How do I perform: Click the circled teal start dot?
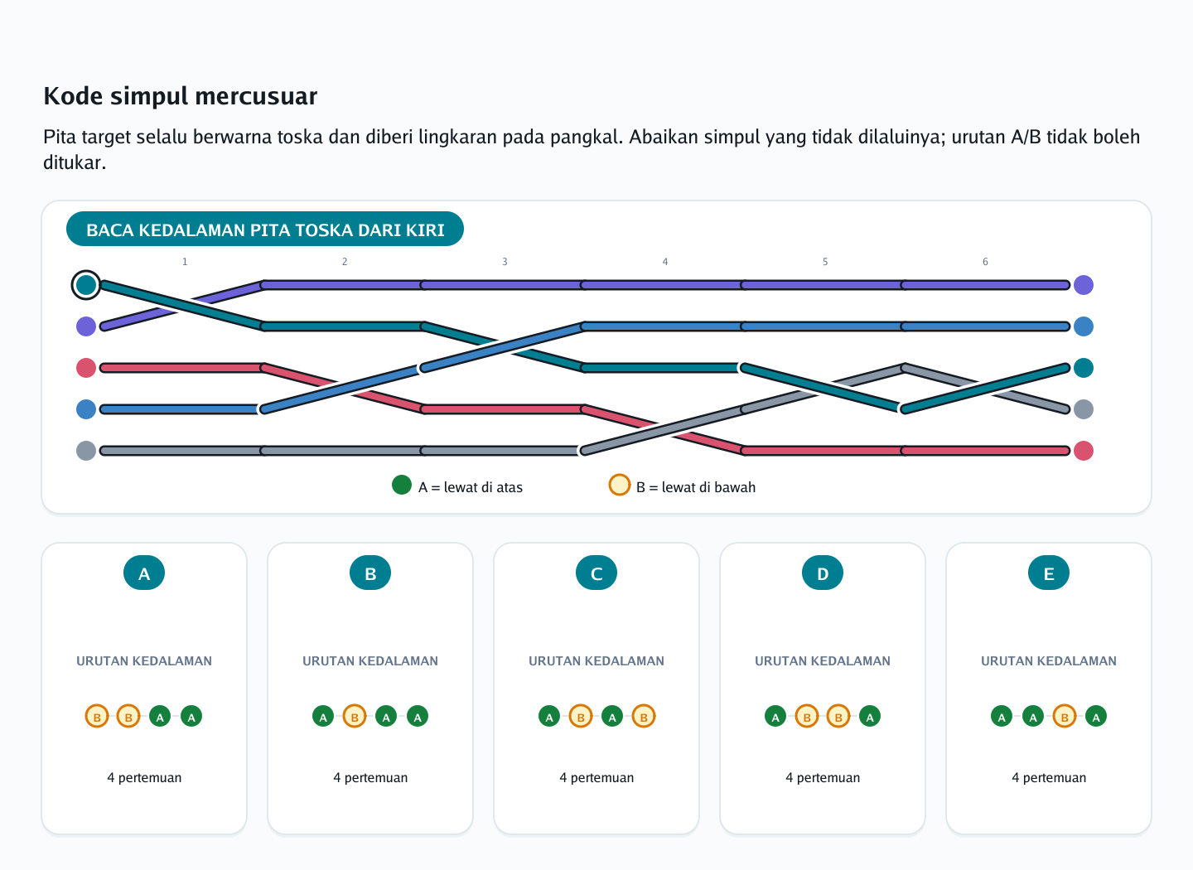point(86,285)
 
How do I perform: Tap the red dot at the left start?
point(86,368)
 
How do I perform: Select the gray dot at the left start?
point(86,451)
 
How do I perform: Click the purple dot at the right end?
point(1084,285)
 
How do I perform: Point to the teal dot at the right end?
point(1084,368)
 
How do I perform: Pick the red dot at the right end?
point(1084,451)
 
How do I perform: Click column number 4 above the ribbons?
point(664,262)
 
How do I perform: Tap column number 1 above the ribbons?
point(185,262)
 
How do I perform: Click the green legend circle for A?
point(402,485)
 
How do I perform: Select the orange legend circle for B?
point(620,485)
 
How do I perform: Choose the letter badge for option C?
point(596,573)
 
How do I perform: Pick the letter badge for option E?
point(1048,573)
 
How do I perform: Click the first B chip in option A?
point(97,716)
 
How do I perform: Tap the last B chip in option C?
point(644,716)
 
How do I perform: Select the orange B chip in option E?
point(1064,716)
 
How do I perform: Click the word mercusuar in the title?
point(256,96)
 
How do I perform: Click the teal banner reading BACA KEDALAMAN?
point(265,229)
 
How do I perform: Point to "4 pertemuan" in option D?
point(823,777)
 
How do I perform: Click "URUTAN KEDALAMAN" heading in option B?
point(370,660)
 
